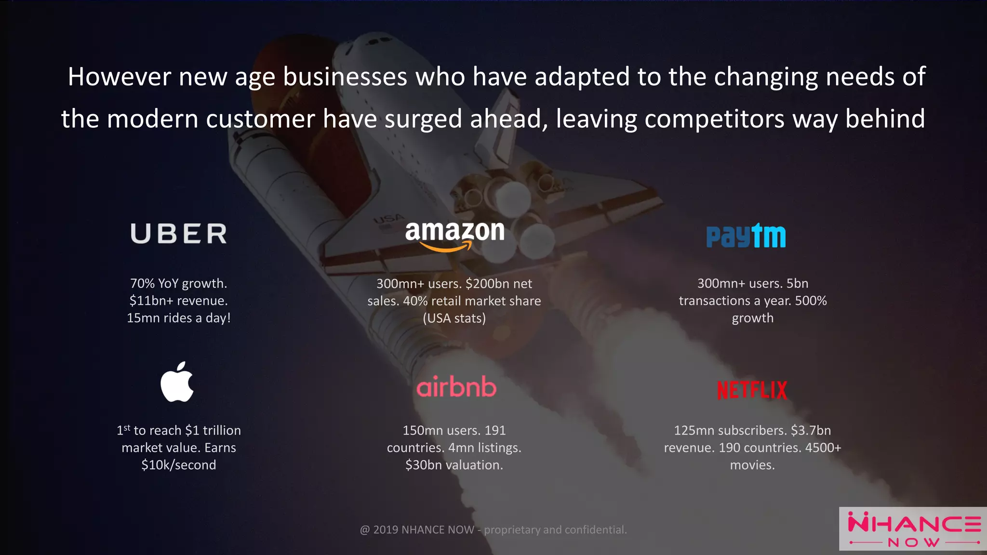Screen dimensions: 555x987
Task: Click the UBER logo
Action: (179, 234)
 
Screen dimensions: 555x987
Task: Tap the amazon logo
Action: (454, 236)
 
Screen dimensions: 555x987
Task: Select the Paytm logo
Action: (746, 236)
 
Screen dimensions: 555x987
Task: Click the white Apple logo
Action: (177, 382)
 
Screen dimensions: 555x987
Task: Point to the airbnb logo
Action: (456, 387)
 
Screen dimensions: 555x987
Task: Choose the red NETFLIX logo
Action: (752, 390)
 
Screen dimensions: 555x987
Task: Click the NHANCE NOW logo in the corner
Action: (913, 529)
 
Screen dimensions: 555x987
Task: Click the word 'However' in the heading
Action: (120, 77)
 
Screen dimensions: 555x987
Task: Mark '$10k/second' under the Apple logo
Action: (179, 465)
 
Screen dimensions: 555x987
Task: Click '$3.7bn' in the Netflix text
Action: (811, 430)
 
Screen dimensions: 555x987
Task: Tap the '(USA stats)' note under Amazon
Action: (454, 318)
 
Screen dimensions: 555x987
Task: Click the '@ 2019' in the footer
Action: (379, 530)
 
